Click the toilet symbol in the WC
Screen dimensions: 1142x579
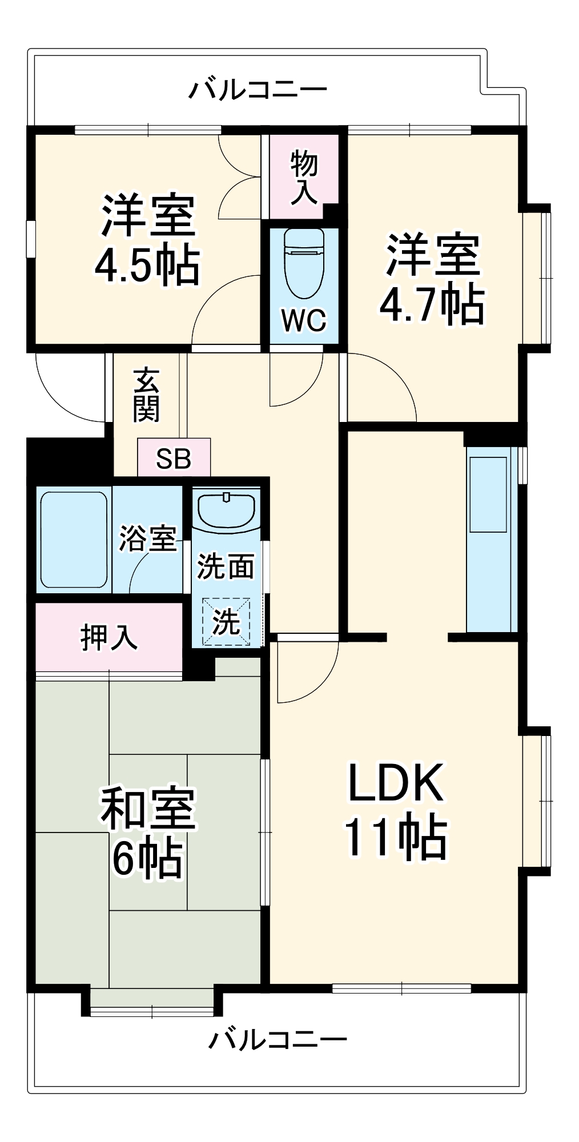click(304, 264)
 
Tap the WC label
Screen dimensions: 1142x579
click(304, 321)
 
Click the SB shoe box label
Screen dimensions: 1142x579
click(174, 458)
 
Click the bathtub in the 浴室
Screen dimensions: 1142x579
click(74, 540)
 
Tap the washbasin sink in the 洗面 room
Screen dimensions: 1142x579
click(226, 510)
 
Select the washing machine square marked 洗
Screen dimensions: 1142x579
click(226, 622)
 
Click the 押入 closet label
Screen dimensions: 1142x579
click(108, 637)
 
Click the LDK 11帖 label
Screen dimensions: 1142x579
click(395, 811)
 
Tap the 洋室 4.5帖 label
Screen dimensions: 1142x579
click(147, 241)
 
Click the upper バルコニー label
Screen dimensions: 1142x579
click(258, 90)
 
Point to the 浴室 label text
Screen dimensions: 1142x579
click(147, 538)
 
